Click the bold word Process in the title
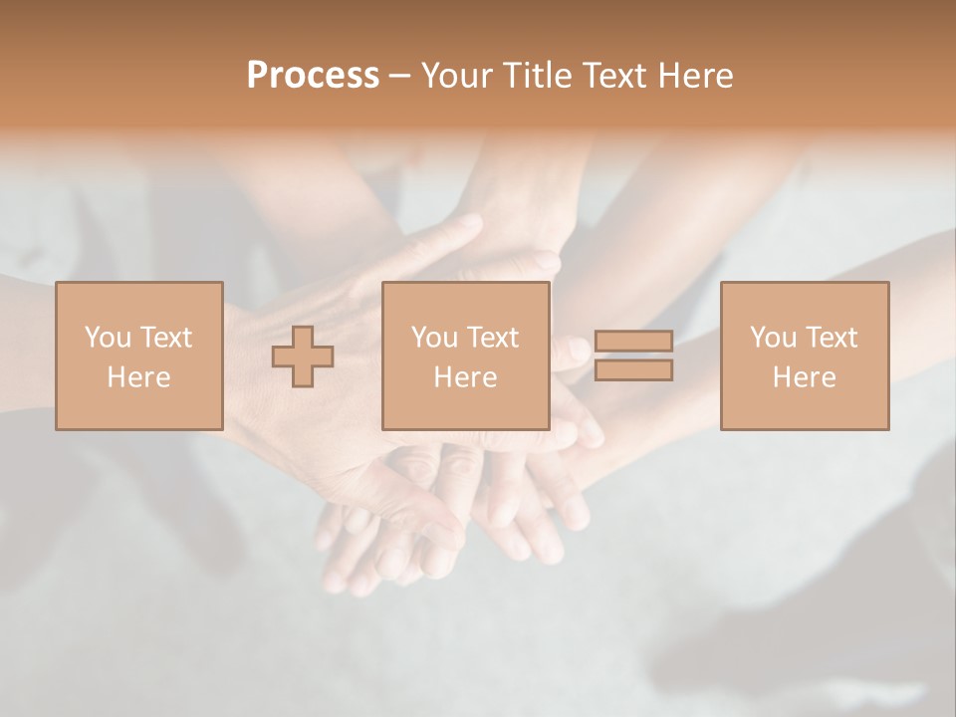(313, 76)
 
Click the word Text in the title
(612, 76)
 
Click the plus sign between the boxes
(303, 357)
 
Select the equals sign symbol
(633, 356)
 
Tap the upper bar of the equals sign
(633, 342)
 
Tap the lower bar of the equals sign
(633, 370)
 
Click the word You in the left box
(108, 338)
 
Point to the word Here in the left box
(138, 377)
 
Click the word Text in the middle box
(493, 338)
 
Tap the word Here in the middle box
(465, 377)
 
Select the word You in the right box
(773, 338)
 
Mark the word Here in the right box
(805, 377)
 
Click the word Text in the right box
(832, 338)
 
